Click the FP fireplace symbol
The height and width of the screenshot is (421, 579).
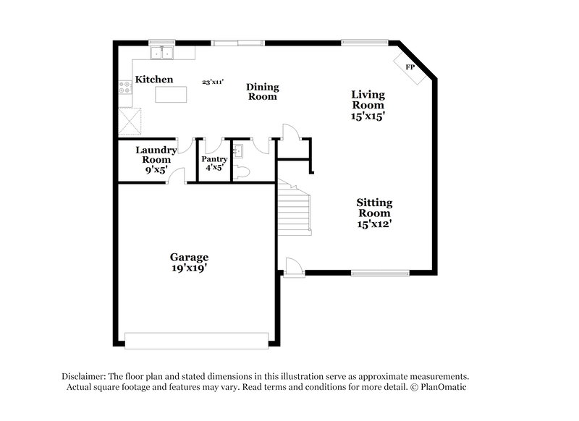pyautogui.click(x=410, y=67)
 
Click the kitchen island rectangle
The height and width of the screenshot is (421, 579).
pyautogui.click(x=171, y=95)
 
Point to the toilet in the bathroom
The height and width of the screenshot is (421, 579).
pyautogui.click(x=243, y=171)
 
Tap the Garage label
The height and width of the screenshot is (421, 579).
pyautogui.click(x=189, y=262)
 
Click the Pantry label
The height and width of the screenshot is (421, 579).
pyautogui.click(x=214, y=163)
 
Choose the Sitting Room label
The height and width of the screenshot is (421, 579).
pyautogui.click(x=373, y=213)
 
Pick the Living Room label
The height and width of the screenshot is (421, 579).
pyautogui.click(x=368, y=105)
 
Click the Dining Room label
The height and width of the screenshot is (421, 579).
pyautogui.click(x=263, y=92)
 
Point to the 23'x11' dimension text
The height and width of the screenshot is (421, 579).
pyautogui.click(x=213, y=82)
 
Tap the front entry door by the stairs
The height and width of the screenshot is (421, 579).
pyautogui.click(x=292, y=267)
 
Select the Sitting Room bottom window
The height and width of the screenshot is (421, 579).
pyautogui.click(x=379, y=273)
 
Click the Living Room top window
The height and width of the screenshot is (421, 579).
pyautogui.click(x=366, y=43)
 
